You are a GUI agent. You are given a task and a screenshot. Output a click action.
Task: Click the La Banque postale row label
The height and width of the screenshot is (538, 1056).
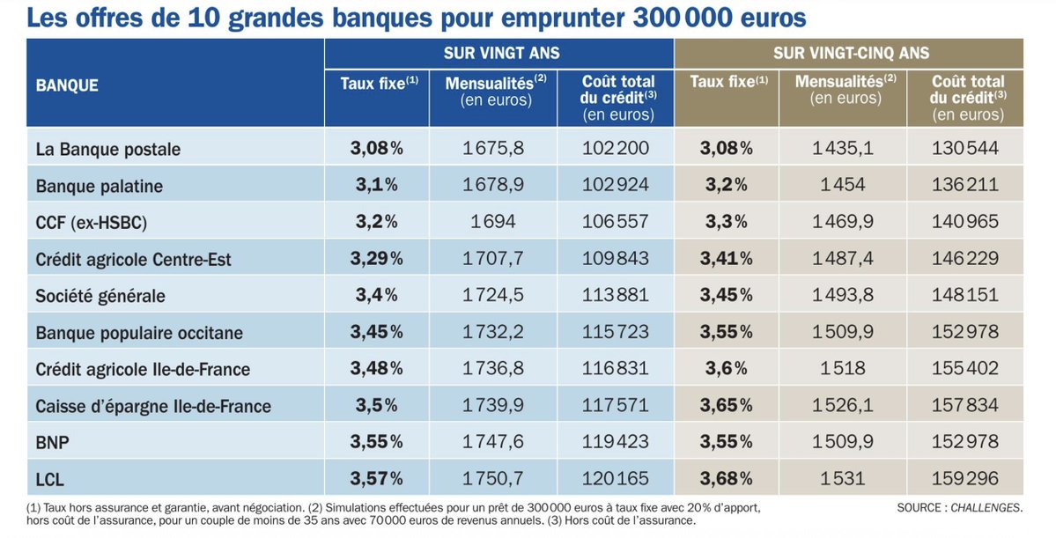coord(107,149)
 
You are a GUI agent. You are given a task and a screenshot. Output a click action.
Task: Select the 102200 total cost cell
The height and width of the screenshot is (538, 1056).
coord(616,148)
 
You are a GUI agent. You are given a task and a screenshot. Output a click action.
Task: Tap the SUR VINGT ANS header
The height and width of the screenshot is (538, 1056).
coord(501,54)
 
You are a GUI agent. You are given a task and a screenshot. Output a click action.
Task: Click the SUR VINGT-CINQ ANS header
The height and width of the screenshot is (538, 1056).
coord(851,54)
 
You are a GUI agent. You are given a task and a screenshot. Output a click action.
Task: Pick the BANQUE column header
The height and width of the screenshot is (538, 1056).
coord(67,85)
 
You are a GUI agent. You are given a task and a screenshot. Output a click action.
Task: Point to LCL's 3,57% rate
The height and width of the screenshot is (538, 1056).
coord(376,479)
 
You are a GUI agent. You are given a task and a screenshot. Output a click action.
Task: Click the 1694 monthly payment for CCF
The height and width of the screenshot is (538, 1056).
coord(493,222)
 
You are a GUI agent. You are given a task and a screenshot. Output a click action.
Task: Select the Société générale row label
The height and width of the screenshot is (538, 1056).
coord(100,296)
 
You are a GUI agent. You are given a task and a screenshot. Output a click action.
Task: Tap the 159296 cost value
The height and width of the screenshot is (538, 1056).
coord(965,479)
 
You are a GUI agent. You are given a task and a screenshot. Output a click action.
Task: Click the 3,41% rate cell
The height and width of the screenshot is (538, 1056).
coord(726,259)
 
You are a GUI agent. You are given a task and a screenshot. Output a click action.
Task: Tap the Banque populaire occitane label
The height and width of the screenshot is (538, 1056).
coord(139,333)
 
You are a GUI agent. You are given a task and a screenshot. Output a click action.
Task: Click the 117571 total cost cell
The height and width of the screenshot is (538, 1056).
coord(616,406)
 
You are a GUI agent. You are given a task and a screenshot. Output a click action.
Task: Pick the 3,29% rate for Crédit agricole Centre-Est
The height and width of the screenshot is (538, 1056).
coord(376,259)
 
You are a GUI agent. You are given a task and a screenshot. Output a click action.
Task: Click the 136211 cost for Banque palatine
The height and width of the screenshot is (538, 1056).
coord(965,185)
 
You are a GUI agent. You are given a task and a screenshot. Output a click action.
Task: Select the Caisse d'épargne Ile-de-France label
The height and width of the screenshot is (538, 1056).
coord(152,406)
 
